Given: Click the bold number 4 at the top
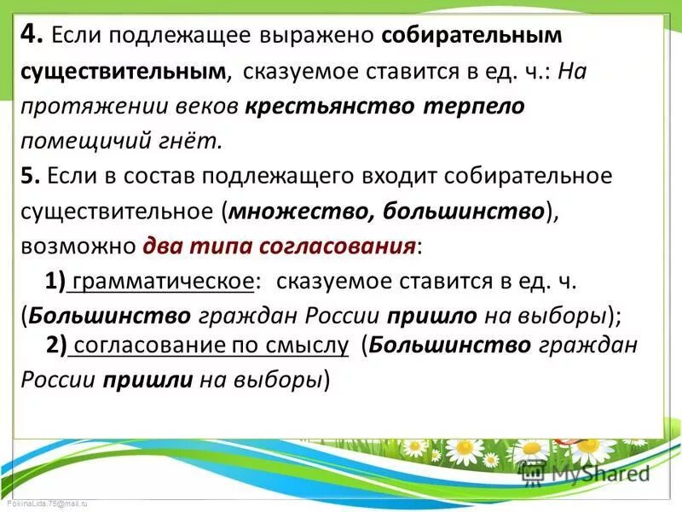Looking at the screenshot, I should [31, 35].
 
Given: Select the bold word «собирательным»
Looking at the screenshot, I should [472, 36].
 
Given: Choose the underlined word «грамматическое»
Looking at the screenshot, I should [162, 281].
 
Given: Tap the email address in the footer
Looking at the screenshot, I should [44, 505].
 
